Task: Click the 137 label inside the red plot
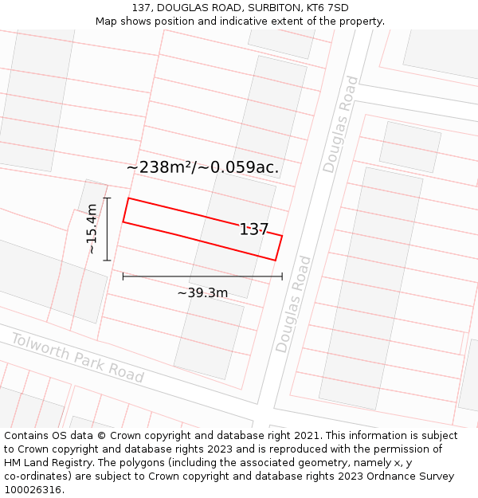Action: click(254, 229)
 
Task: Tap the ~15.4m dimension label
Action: click(92, 229)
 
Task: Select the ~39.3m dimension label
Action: click(202, 293)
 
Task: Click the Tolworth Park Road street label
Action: click(77, 358)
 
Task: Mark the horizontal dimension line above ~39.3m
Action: click(202, 276)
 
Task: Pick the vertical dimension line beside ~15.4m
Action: click(107, 229)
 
